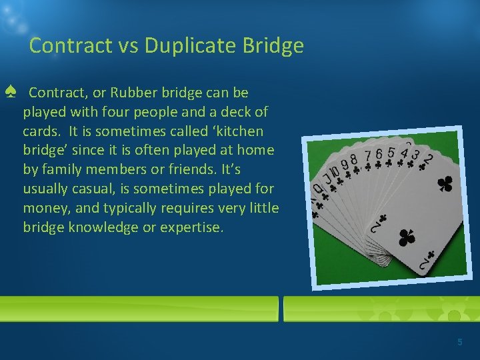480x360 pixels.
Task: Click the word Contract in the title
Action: coord(61,46)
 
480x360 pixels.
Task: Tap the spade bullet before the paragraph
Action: coord(10,92)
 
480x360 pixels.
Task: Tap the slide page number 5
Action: coord(459,342)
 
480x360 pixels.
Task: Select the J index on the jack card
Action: coord(327,178)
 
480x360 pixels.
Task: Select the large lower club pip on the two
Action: coord(405,237)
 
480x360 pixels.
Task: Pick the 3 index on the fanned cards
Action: coord(416,155)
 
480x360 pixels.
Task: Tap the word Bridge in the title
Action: coord(273,46)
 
